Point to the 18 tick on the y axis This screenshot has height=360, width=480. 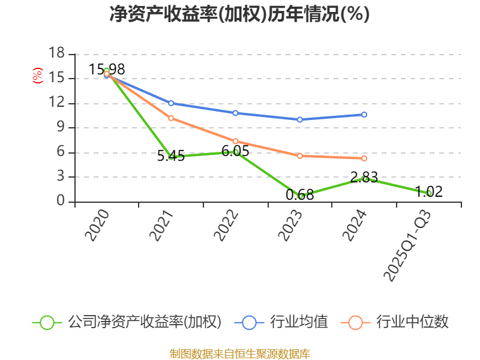pyautogui.click(x=56, y=53)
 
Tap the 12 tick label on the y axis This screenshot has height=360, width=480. pyautogui.click(x=56, y=103)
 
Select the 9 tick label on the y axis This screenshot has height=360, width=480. pyautogui.click(x=60, y=127)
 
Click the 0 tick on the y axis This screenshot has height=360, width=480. pyautogui.click(x=60, y=201)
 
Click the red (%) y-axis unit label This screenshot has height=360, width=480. pyautogui.click(x=37, y=76)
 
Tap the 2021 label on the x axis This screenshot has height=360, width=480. pyautogui.click(x=161, y=226)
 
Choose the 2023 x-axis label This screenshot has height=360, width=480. pyautogui.click(x=290, y=226)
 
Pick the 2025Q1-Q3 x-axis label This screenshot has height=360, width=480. pyautogui.click(x=407, y=246)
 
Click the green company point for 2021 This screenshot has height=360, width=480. pyautogui.click(x=171, y=157)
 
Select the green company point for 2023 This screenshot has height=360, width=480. pyautogui.click(x=301, y=196)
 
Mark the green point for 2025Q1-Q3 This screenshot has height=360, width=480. pyautogui.click(x=429, y=193)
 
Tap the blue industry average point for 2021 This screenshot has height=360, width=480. pyautogui.click(x=171, y=103)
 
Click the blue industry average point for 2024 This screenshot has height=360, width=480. pyautogui.click(x=364, y=114)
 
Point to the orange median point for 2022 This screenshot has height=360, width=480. pyautogui.click(x=236, y=141)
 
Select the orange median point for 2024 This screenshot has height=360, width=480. pyautogui.click(x=364, y=158)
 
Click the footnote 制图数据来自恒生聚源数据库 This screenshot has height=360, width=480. pyautogui.click(x=239, y=353)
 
